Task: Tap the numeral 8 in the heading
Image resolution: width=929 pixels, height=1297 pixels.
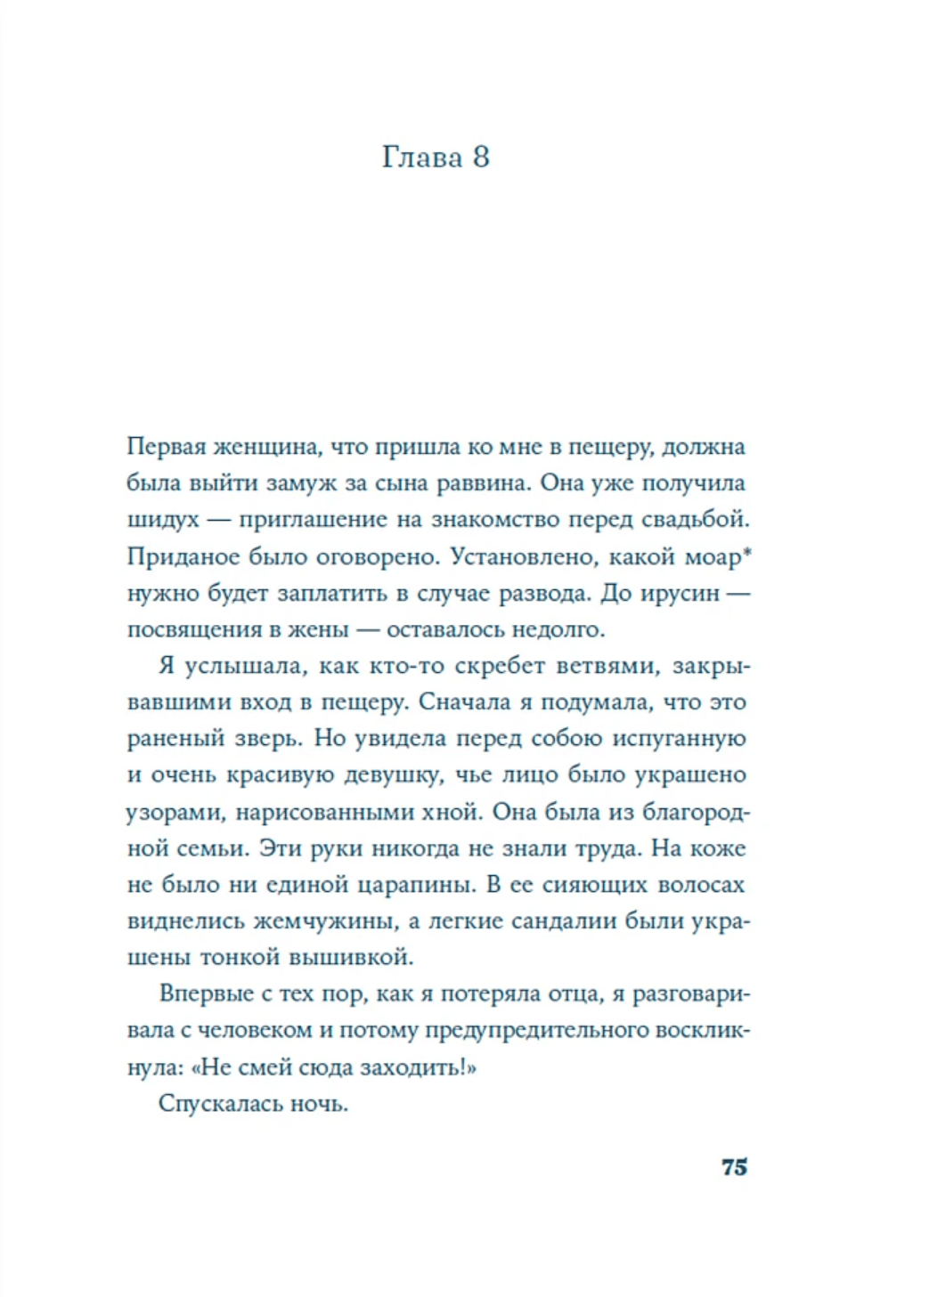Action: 480,158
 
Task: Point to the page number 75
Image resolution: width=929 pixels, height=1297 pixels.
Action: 734,1167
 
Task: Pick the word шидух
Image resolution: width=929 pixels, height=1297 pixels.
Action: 163,520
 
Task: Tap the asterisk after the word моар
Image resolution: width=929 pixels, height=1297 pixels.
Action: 747,552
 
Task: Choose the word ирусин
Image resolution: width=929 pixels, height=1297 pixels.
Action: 679,593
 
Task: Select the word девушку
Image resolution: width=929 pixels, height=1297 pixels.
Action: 396,775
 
